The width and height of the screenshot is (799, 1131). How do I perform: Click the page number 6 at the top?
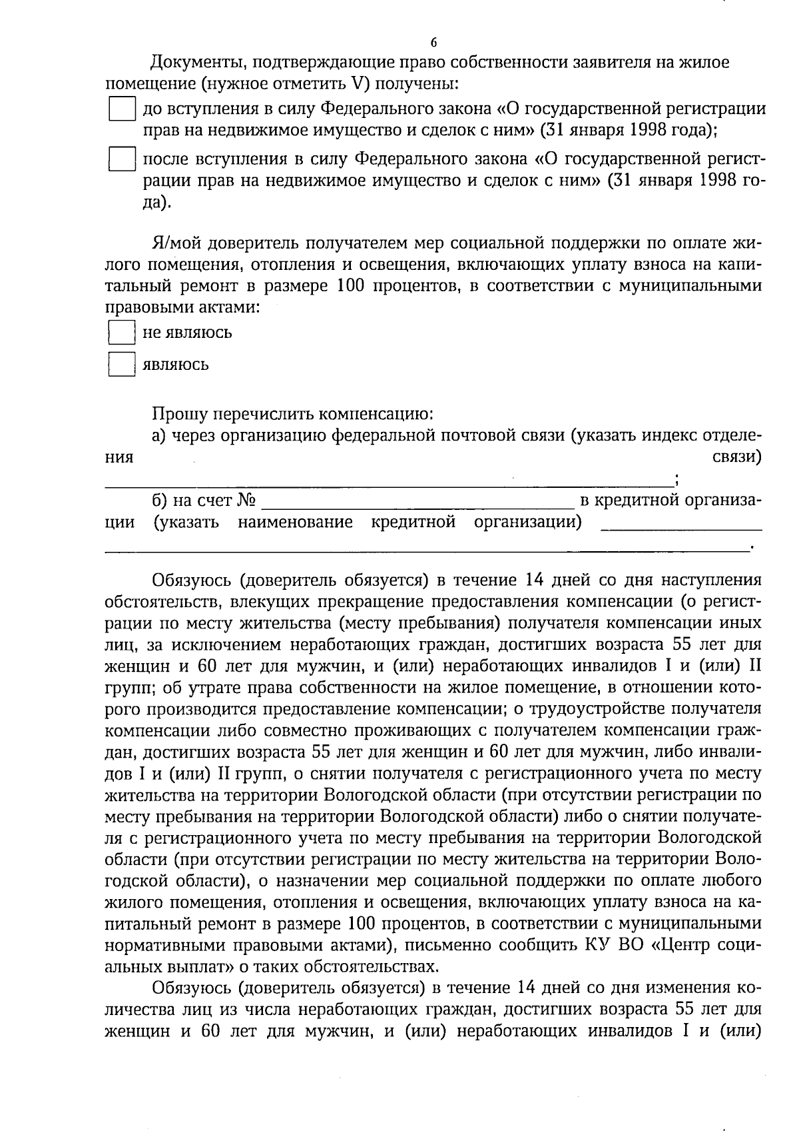click(x=433, y=43)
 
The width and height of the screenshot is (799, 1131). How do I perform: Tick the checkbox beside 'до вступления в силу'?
click(x=122, y=109)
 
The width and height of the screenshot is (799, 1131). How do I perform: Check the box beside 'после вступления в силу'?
click(x=122, y=160)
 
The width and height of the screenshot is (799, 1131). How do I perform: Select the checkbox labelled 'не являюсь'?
click(x=121, y=333)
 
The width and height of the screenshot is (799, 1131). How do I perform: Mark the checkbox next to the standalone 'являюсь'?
click(x=121, y=365)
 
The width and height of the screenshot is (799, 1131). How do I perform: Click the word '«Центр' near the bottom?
click(x=669, y=944)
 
